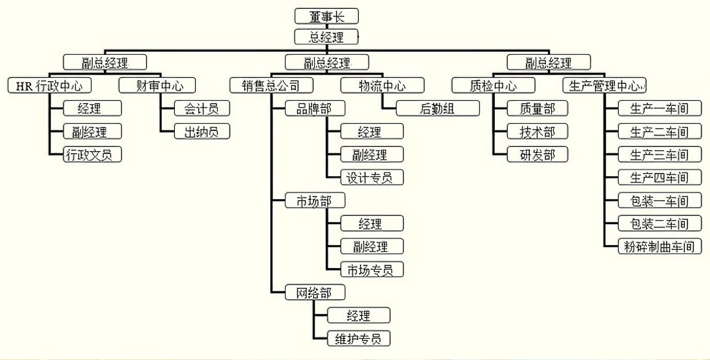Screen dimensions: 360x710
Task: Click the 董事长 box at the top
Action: point(327,16)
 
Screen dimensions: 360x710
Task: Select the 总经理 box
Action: point(327,37)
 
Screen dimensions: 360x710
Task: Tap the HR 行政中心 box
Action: point(50,86)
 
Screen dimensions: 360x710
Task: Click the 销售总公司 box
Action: point(271,86)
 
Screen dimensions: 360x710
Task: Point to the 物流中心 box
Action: point(382,86)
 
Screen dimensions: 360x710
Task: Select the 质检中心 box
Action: point(493,86)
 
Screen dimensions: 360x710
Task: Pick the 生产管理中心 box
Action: point(605,86)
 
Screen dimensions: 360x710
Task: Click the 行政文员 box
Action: point(92,154)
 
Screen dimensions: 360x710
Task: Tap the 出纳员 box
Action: point(202,131)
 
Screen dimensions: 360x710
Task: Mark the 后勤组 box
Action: point(437,109)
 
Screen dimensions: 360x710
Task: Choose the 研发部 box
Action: point(537,154)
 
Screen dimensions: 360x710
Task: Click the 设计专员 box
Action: point(372,177)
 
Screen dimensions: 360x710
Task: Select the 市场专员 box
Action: point(372,270)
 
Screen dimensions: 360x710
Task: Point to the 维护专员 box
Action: point(358,338)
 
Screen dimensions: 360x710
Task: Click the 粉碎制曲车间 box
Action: point(659,246)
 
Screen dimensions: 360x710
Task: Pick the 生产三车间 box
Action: point(659,154)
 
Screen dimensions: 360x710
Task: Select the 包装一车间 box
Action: point(659,200)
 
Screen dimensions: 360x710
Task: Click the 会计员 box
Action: point(202,109)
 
